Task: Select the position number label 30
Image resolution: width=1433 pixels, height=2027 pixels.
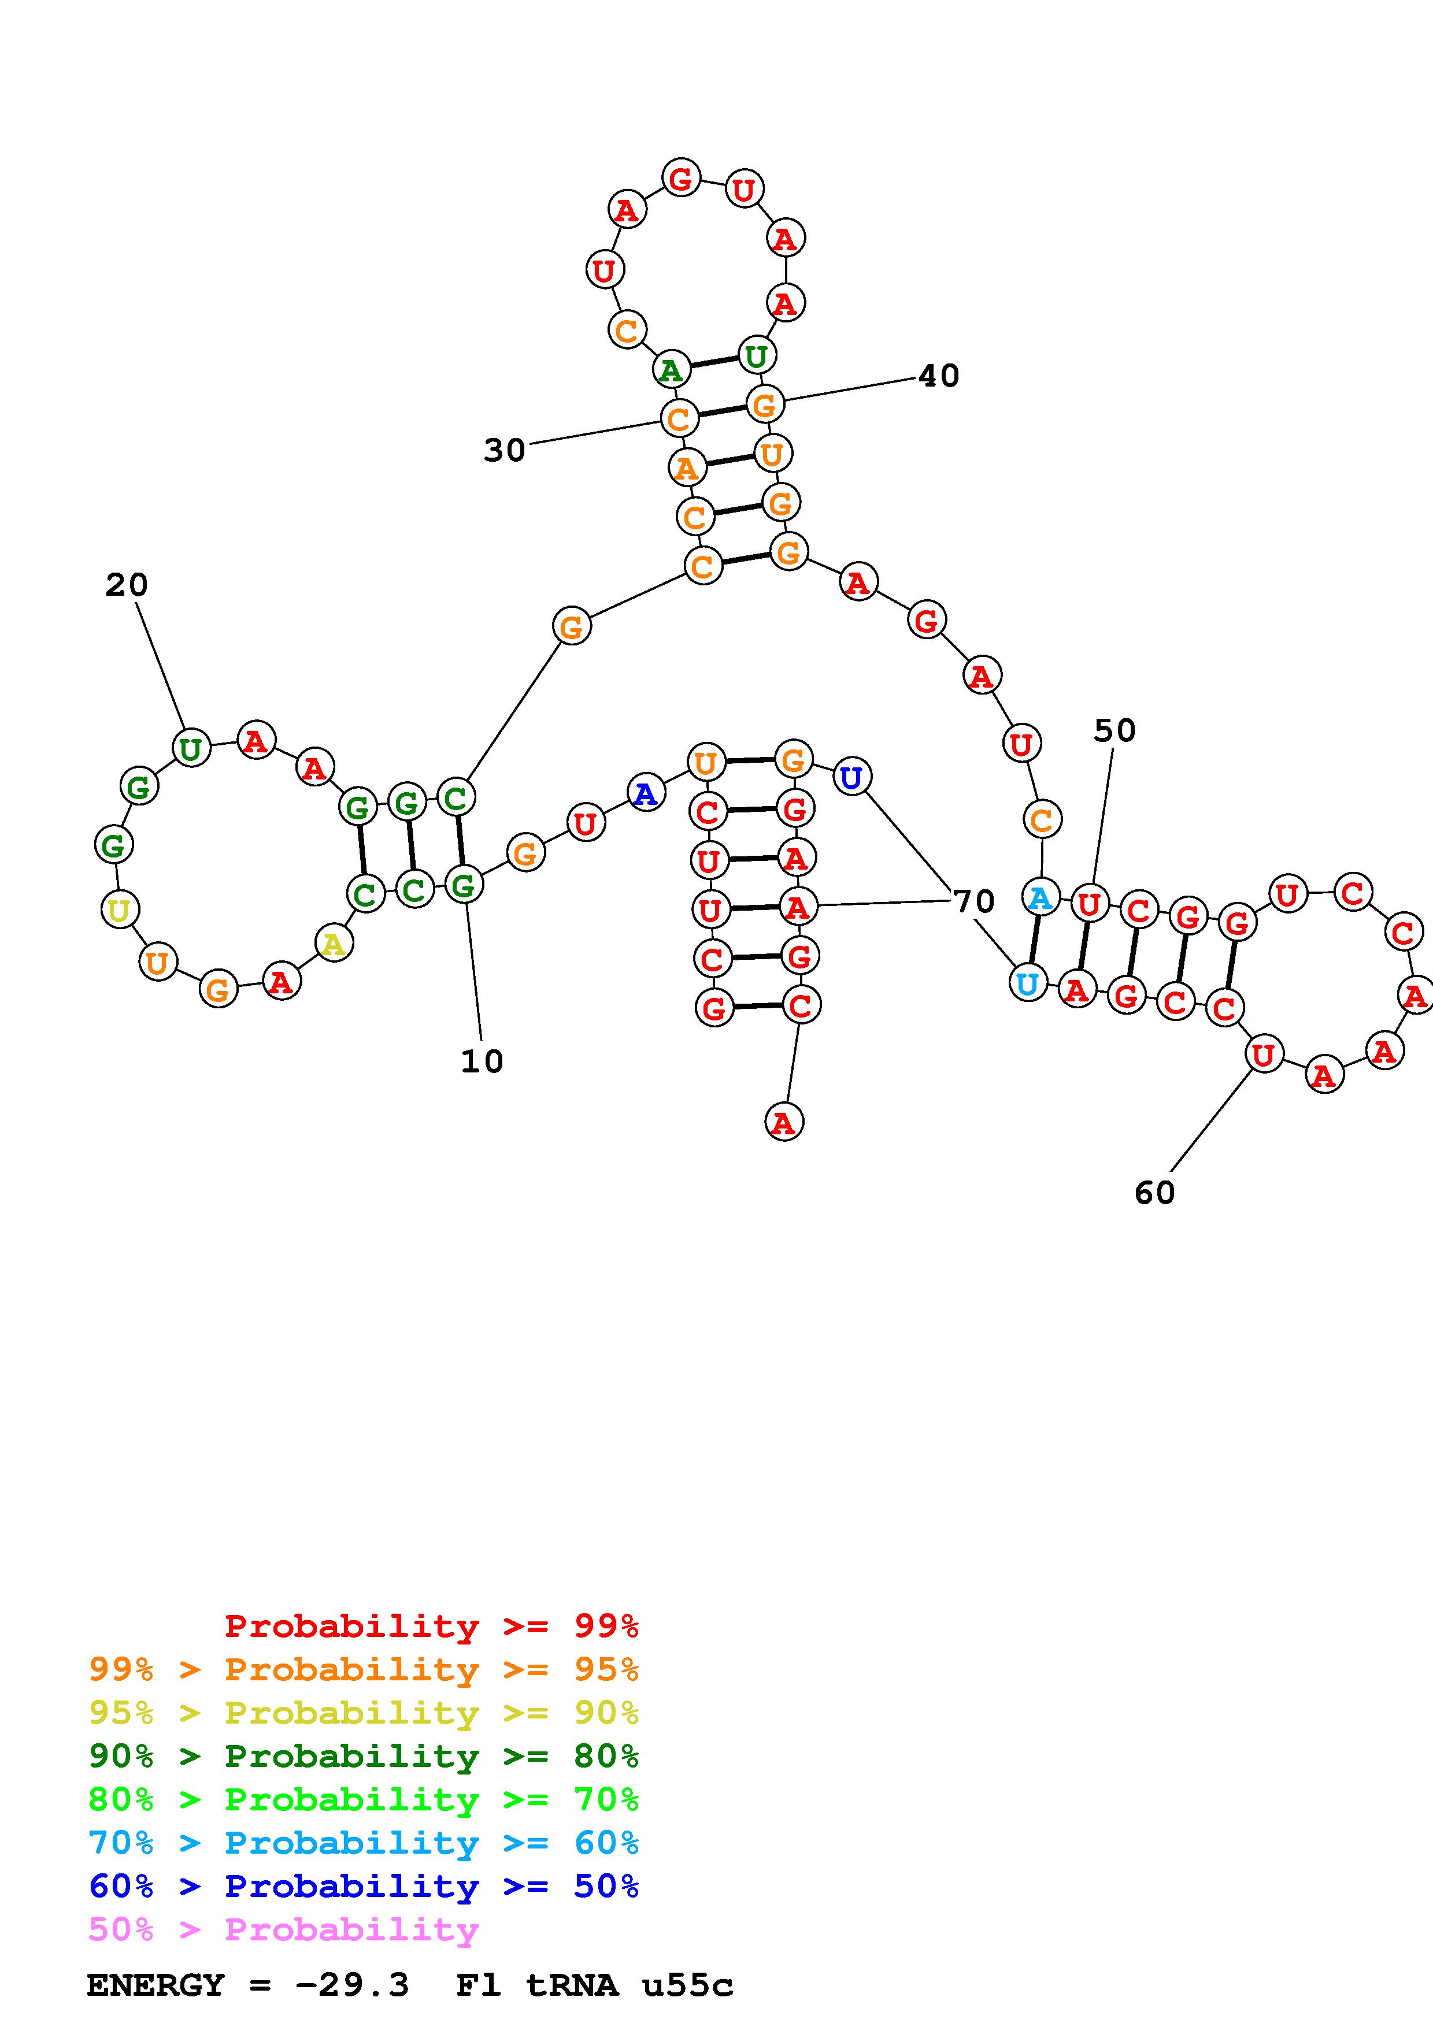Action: coord(504,450)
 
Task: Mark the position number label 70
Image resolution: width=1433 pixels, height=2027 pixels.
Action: coord(974,901)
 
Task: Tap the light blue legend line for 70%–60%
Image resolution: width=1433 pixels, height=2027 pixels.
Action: coord(363,1843)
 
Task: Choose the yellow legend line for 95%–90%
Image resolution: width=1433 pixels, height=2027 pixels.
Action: coord(363,1713)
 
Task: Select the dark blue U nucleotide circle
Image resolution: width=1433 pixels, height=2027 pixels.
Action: coord(851,777)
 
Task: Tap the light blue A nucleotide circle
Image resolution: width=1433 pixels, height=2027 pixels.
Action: coord(1040,898)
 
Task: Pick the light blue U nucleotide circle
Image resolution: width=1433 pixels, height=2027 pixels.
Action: coord(1027,983)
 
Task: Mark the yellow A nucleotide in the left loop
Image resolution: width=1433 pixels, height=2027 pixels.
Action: coord(334,944)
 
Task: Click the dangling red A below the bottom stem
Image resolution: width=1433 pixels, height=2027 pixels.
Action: coord(783,1122)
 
